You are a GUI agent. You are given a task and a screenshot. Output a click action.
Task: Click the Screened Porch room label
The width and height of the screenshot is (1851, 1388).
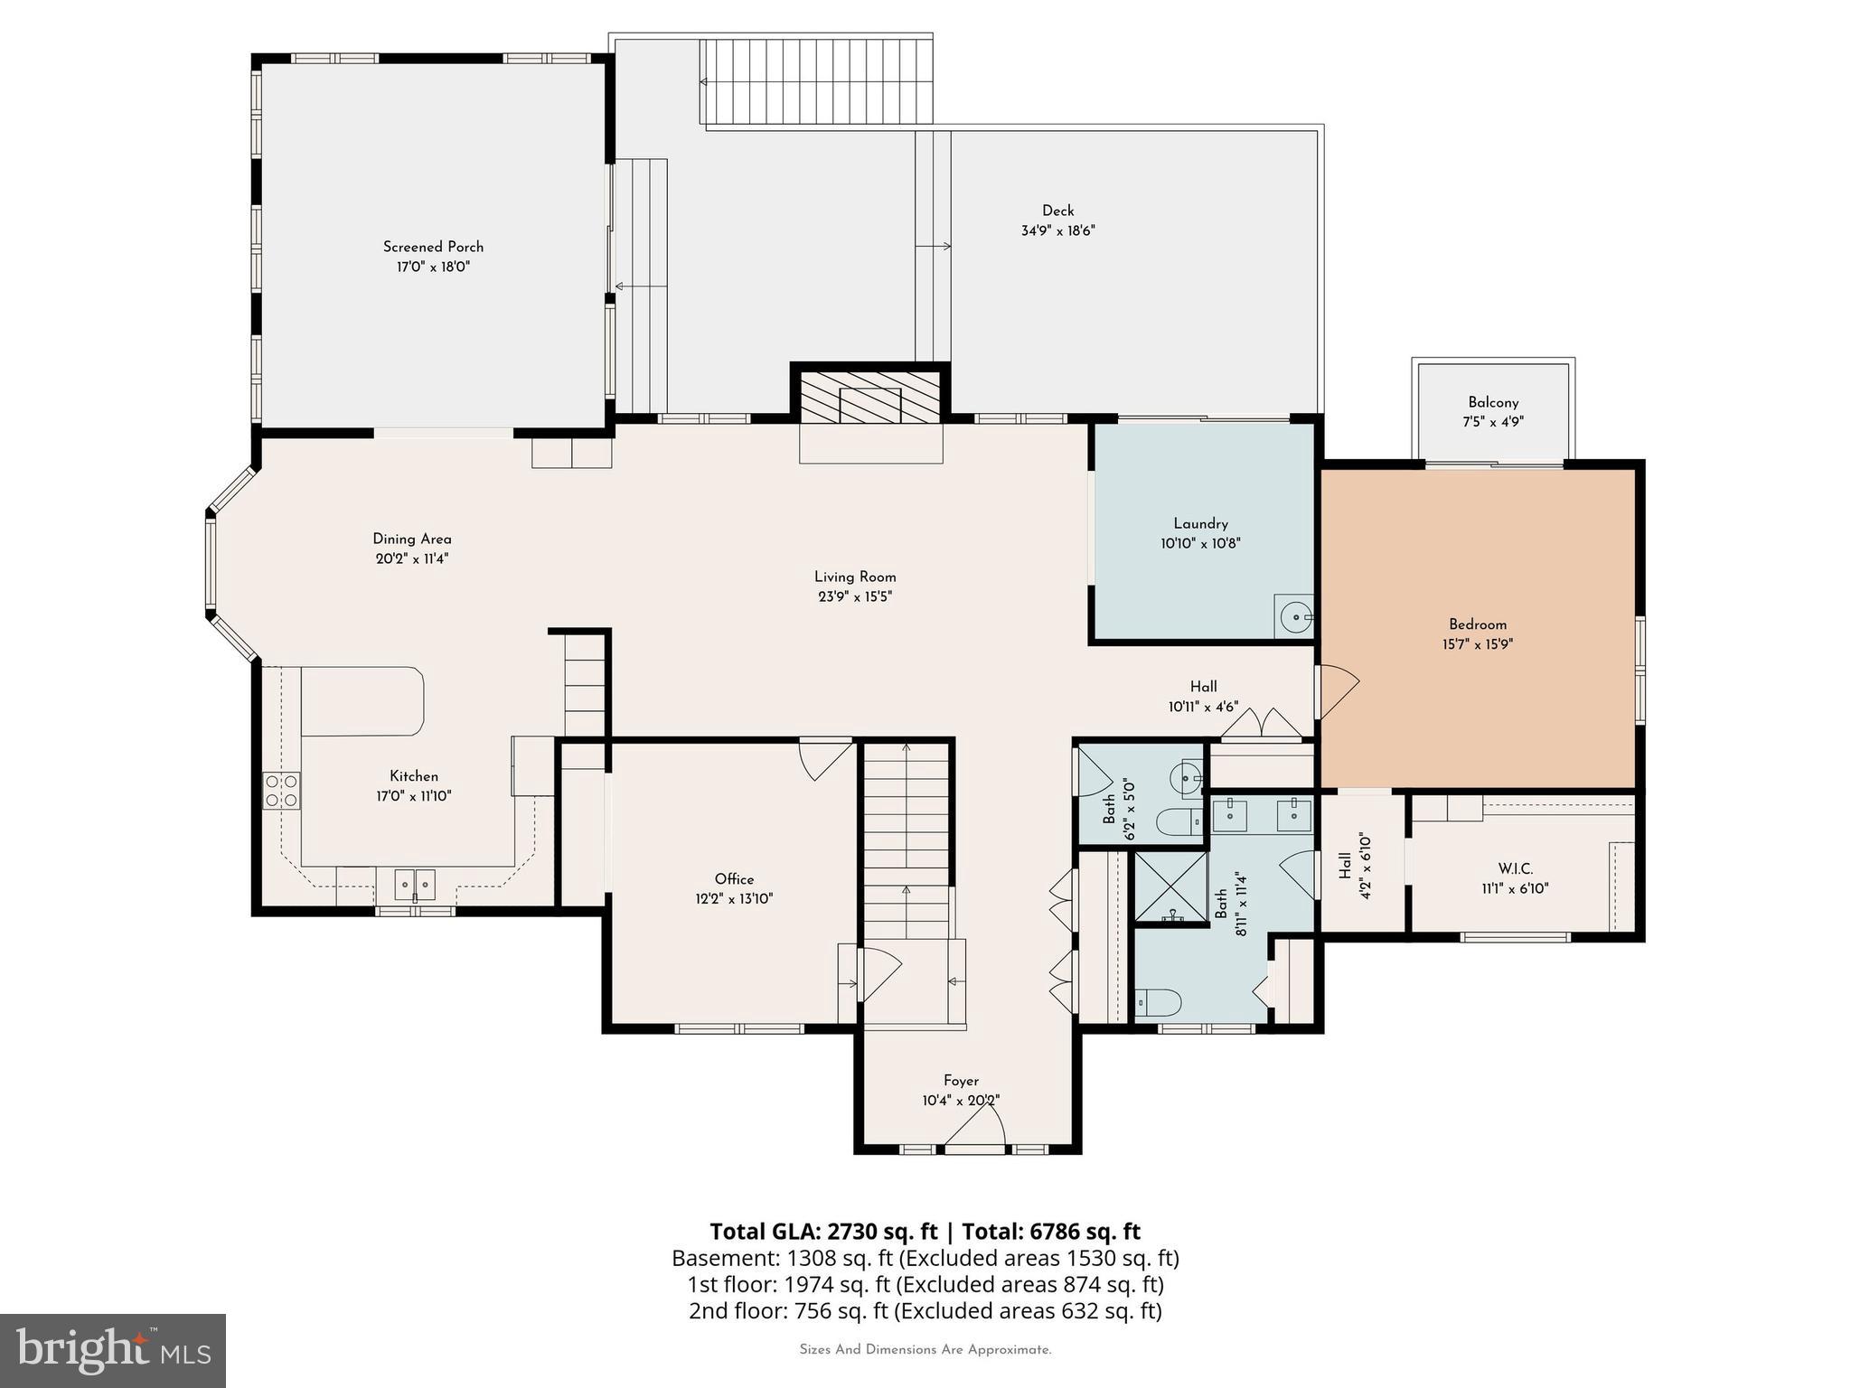(x=433, y=247)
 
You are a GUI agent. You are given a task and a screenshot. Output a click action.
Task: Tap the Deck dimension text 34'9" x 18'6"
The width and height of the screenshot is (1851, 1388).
(x=1057, y=231)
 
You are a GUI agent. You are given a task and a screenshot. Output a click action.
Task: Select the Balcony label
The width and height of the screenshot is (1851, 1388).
(x=1493, y=402)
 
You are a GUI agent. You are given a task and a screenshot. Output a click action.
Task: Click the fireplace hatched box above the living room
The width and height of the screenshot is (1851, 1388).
(x=870, y=399)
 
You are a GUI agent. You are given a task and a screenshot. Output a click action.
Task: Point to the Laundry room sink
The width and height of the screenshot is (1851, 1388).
(x=1295, y=616)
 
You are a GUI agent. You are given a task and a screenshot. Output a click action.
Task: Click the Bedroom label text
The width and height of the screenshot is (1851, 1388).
(x=1477, y=624)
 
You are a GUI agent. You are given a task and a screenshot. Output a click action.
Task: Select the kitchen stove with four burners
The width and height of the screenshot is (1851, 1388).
(x=282, y=791)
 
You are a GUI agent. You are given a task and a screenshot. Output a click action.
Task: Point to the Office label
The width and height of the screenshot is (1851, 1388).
(x=734, y=879)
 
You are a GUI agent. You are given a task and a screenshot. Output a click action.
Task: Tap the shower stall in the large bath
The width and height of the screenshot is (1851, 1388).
(x=1171, y=888)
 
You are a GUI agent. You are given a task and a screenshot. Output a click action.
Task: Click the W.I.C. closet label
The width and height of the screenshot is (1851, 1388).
(x=1515, y=869)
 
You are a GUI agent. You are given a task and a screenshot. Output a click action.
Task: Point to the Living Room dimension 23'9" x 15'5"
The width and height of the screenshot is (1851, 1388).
(x=855, y=596)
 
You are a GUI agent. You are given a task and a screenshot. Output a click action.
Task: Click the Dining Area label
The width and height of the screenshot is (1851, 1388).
(x=412, y=539)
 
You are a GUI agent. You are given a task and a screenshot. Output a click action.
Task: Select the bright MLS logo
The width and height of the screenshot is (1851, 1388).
(x=113, y=1350)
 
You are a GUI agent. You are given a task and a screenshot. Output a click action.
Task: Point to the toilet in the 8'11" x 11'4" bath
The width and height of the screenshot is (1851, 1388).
(x=1160, y=1002)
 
